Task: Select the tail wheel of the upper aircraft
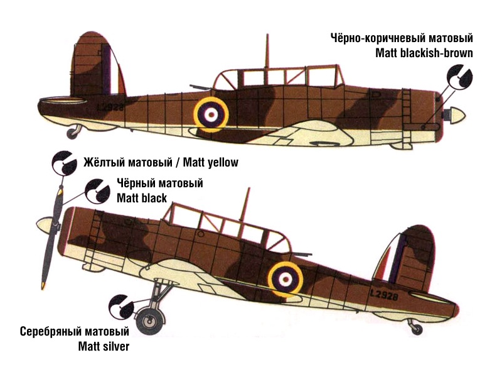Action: pos(74,131)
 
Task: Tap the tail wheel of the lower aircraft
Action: pos(415,326)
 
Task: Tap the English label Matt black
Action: pos(142,198)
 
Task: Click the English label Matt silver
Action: pos(104,346)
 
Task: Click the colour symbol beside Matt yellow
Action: pos(63,163)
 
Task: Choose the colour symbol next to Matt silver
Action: pos(120,306)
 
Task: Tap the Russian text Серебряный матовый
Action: pos(74,331)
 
